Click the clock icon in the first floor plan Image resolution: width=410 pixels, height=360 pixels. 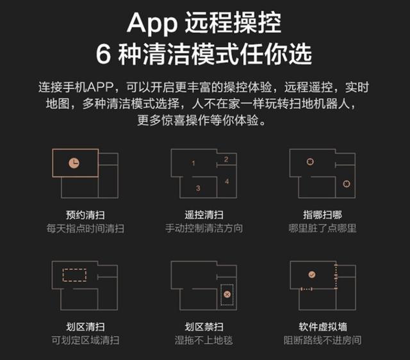point(74,163)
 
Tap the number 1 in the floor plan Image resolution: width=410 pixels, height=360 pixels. point(193,163)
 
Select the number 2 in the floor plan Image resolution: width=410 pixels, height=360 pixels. point(226,160)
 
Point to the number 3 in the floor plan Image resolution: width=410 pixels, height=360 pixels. point(198,188)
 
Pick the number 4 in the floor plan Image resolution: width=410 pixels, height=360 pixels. point(227,181)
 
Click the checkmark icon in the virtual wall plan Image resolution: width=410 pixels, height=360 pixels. point(312,275)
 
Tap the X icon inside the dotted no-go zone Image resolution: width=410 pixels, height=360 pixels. point(227,295)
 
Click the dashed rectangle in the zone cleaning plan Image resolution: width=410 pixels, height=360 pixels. point(63,275)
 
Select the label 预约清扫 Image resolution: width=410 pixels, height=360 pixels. point(85,215)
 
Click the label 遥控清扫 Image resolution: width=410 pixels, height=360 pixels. point(204,215)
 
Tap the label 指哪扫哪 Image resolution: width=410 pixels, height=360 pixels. point(322,215)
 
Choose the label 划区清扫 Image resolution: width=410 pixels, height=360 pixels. point(85,327)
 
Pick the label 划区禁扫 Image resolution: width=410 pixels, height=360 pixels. point(204,327)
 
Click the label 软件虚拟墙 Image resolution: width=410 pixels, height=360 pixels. point(323,327)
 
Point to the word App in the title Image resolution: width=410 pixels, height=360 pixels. point(152,23)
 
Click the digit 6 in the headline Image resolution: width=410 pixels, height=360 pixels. point(103,54)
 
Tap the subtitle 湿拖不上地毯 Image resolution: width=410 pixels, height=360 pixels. point(204,340)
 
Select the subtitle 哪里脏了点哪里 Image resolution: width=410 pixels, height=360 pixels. point(322,228)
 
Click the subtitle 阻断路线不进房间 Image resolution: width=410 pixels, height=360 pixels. point(323,340)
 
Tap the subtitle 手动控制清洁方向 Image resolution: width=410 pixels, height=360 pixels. point(204,228)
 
